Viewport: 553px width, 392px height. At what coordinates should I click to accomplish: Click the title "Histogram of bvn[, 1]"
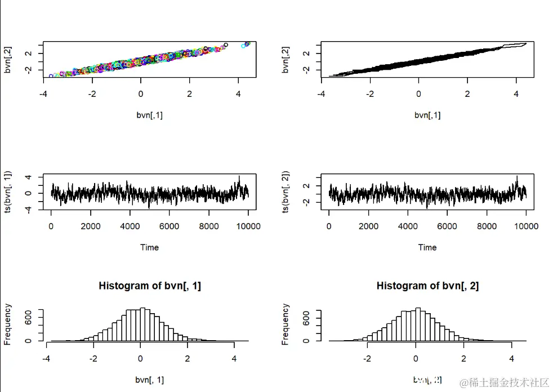coord(150,286)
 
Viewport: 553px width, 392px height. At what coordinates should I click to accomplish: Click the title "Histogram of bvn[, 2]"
coord(427,286)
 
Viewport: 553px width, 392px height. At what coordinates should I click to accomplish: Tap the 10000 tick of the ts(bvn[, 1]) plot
coord(248,226)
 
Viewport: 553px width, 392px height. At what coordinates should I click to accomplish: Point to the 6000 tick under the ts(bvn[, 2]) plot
coord(447,226)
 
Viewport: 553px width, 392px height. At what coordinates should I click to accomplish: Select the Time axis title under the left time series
coord(149,247)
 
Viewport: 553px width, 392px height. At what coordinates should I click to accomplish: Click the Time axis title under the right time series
coord(427,247)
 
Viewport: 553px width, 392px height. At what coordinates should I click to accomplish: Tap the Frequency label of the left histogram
coord(8,324)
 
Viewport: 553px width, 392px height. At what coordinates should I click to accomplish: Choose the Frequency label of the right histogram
coord(286,324)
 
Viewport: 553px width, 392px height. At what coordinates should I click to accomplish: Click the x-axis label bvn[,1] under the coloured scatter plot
coord(149,115)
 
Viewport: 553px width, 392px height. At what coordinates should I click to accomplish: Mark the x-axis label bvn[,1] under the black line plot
coord(427,115)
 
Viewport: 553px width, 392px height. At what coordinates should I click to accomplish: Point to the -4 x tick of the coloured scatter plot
coord(44,94)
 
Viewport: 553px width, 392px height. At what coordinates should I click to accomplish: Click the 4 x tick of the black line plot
coord(516,94)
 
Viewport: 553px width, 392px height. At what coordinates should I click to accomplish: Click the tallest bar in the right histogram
coord(418,324)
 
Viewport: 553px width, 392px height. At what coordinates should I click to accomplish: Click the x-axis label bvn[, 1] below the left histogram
coord(149,380)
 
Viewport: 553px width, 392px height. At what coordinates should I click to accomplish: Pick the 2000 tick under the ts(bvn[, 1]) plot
coord(90,226)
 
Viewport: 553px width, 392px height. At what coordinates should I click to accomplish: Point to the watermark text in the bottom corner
coord(504,383)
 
